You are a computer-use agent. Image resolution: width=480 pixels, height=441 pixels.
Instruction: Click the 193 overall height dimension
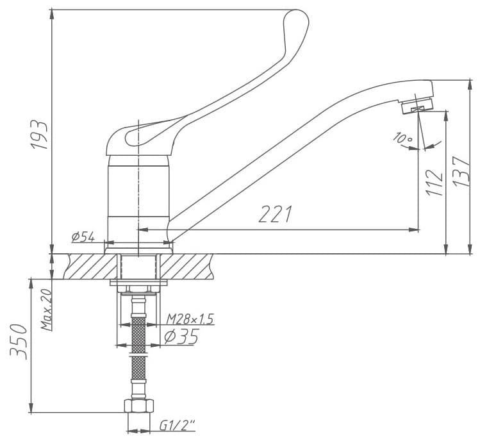click(39, 135)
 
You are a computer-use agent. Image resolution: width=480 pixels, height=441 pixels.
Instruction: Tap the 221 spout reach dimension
click(275, 213)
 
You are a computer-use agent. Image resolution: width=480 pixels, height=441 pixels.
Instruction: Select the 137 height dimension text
click(461, 172)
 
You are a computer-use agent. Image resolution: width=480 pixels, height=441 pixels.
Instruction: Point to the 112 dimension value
click(434, 183)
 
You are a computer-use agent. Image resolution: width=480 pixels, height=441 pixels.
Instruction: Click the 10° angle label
click(403, 138)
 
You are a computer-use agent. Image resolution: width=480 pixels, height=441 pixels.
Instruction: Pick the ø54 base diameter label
click(83, 237)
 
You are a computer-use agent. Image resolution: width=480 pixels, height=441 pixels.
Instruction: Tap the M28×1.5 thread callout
click(190, 319)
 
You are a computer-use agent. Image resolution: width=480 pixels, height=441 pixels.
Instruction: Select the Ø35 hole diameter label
click(181, 337)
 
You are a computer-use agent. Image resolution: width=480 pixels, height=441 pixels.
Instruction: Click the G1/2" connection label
click(178, 426)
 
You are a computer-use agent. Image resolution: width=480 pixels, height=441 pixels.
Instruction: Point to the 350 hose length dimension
click(19, 341)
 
